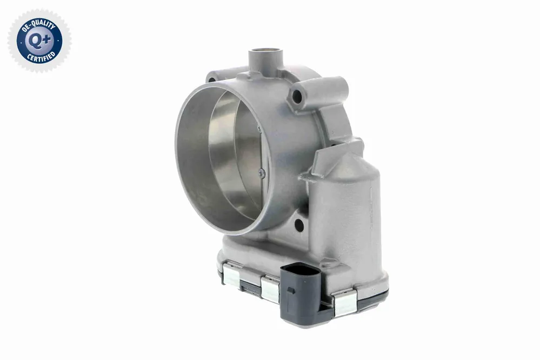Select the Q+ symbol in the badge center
(40, 41)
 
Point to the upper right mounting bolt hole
(297, 97)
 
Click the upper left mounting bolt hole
(212, 80)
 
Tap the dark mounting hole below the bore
(299, 225)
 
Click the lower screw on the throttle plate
(262, 173)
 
